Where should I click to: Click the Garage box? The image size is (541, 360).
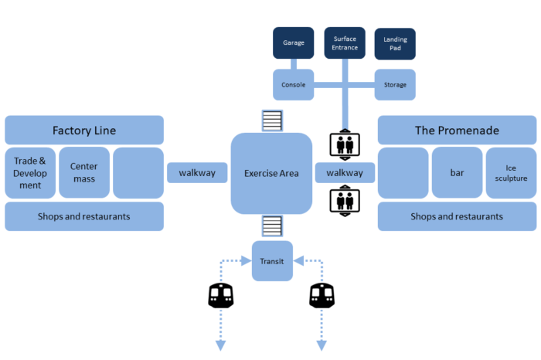293,42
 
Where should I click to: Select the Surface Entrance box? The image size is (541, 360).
345,42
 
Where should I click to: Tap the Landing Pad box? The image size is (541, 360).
395,44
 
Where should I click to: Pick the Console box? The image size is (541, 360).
293,85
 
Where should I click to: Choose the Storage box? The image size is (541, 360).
395,85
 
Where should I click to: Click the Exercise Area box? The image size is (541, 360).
271,174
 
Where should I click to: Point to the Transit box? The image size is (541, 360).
272,261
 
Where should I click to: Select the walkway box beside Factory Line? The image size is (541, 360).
197,172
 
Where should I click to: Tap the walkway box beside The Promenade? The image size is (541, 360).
345,172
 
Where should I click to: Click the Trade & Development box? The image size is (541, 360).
30,173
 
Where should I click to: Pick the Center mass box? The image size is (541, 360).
84,172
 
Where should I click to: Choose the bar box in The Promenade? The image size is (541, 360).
458,172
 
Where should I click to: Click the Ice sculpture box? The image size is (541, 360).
511,173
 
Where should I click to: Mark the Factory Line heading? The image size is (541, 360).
84,130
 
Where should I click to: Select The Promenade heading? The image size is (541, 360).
458,130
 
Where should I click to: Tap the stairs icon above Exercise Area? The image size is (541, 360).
272,121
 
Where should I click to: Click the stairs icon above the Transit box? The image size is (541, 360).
272,226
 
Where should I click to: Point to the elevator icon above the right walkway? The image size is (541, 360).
345,144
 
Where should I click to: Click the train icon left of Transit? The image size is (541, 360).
221,296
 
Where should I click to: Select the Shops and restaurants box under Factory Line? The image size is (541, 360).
84,216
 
